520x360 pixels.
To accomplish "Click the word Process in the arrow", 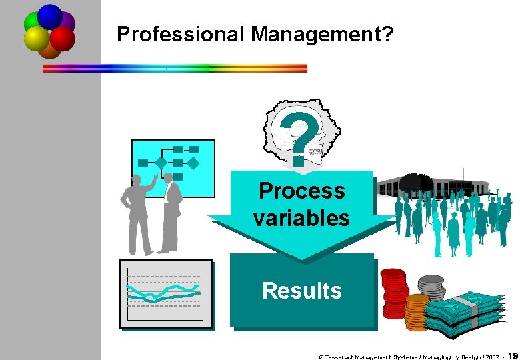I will pos(301,191).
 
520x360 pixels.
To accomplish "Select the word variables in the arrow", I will pos(301,218).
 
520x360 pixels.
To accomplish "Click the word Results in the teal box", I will pos(301,291).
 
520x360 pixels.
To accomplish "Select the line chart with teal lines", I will pos(166,293).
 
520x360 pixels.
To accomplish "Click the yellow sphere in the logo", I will pos(37,39).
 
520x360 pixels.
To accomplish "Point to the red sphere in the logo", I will pos(63,39).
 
